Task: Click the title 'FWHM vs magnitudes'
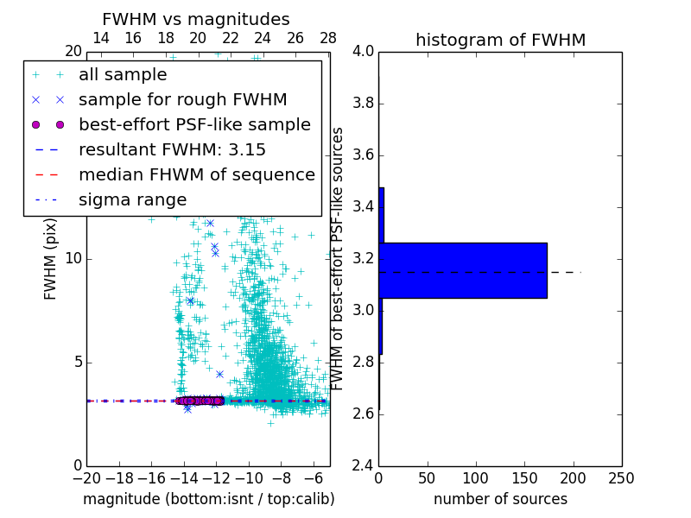[196, 19]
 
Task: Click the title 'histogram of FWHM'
[500, 40]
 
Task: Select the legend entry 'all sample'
[123, 74]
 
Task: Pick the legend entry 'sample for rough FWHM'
[183, 99]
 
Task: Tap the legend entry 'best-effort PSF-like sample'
[194, 124]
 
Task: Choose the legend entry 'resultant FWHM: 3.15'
[172, 149]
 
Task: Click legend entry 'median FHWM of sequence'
[197, 174]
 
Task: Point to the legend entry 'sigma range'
[132, 199]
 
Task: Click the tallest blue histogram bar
[463, 270]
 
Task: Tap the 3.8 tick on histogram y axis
[364, 104]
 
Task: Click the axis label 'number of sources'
[500, 499]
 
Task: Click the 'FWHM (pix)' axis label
[51, 258]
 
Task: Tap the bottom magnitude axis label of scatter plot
[208, 499]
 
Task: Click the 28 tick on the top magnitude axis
[328, 38]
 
